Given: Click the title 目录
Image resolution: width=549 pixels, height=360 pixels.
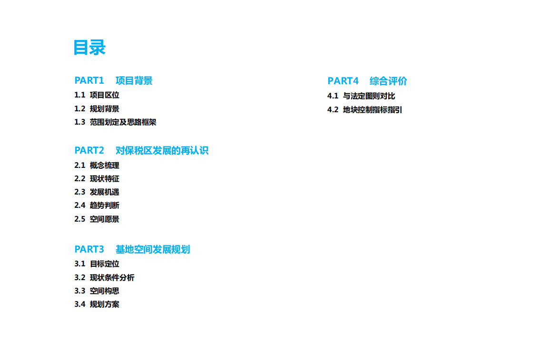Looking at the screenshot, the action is pos(89,47).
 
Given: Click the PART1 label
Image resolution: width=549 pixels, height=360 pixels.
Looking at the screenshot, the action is pos(89,80).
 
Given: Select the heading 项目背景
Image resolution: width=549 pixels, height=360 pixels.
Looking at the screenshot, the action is pos(134,80).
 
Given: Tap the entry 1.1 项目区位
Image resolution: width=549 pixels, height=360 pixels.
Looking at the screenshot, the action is pos(97,95).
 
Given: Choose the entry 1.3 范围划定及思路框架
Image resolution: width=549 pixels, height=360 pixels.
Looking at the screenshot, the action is pos(115,122).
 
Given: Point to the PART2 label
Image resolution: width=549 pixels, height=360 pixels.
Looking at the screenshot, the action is pos(89,150).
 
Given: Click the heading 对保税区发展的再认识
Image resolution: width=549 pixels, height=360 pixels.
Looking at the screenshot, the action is pos(162,150).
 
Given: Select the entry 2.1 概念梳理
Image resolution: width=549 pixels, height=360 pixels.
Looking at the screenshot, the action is pos(97,165).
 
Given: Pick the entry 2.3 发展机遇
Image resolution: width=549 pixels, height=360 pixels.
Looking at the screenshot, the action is pos(97,192).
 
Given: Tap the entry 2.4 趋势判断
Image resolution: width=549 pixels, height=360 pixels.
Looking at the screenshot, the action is pos(97,205).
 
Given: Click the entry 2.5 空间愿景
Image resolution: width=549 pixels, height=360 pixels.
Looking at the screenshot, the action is pos(97,219).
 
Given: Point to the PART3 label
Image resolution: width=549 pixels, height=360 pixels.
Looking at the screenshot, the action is pos(89,249).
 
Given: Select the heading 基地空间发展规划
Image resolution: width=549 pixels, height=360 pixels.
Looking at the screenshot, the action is pos(153,249).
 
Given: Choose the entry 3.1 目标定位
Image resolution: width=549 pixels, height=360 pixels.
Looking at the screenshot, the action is pos(97,264).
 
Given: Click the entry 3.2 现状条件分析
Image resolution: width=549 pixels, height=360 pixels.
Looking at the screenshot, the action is pos(104,277).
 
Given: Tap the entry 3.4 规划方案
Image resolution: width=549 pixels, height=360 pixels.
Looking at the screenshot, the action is pos(97,304).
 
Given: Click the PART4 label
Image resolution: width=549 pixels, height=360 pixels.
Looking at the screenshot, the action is pos(343,81).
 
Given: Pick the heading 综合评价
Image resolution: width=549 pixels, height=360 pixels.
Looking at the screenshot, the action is pos(388,81).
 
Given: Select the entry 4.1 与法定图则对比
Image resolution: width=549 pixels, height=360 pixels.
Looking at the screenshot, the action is pos(362,96).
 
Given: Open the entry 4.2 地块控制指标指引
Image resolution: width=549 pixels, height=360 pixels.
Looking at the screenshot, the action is pos(365,110).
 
